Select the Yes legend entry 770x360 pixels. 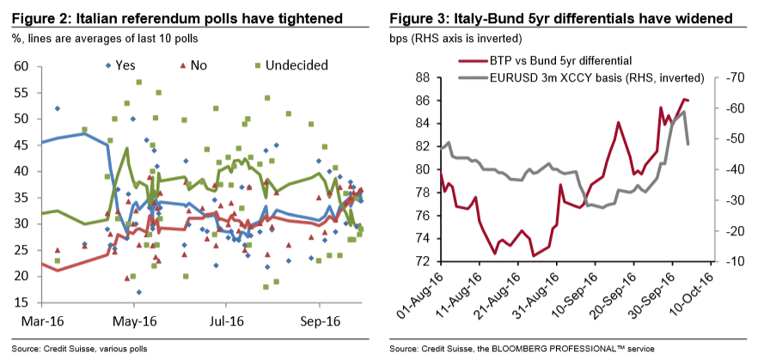119,65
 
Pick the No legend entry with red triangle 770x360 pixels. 192,65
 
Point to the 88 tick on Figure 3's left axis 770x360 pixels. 422,76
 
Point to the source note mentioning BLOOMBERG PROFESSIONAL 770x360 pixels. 522,349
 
